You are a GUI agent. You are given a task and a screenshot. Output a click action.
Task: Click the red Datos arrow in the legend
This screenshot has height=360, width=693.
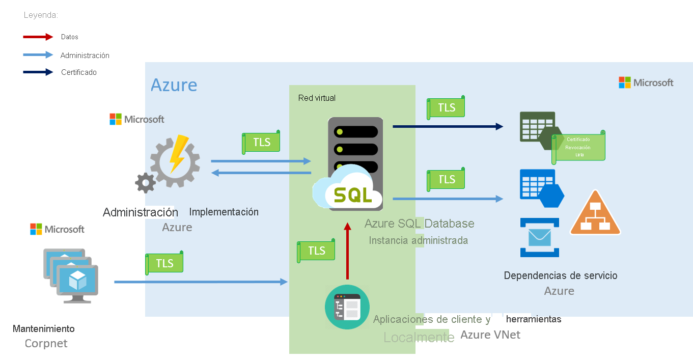coord(38,37)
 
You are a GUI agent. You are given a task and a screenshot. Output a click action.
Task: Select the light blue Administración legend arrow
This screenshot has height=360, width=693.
coord(38,55)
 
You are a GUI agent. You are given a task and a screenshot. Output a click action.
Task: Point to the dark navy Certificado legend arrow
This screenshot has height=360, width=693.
coord(38,72)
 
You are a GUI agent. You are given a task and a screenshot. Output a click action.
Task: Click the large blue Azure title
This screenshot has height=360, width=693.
coord(174,85)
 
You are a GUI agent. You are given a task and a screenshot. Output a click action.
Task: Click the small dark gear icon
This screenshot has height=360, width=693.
coord(146,182)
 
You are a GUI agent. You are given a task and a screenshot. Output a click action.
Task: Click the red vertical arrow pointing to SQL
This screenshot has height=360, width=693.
coord(348,252)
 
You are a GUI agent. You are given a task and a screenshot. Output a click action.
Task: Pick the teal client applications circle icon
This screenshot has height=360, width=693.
coord(347,307)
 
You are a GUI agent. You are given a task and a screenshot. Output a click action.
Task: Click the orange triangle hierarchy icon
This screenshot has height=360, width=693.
coord(595,215)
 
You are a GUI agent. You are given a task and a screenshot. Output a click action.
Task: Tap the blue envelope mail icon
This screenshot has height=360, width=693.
coord(540,237)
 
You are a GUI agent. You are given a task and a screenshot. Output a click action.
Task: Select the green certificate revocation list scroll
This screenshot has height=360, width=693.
coord(578,146)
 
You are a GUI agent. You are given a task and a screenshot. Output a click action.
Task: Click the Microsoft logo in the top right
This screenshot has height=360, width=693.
coord(646,82)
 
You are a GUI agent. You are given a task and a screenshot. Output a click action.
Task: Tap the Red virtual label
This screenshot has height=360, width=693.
coord(317,98)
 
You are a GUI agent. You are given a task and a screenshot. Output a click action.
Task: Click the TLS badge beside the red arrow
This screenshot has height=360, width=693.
coord(316,251)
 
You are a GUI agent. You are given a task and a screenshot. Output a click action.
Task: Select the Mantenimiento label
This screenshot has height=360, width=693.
coord(43,328)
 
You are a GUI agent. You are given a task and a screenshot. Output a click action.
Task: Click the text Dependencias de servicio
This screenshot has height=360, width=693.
coord(560,275)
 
